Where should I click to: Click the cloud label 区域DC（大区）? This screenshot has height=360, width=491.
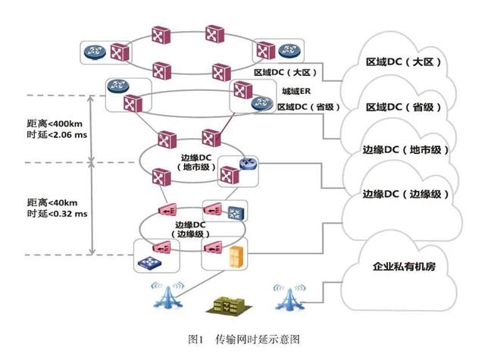point(403,62)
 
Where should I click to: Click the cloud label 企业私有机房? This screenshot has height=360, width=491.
point(406,267)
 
